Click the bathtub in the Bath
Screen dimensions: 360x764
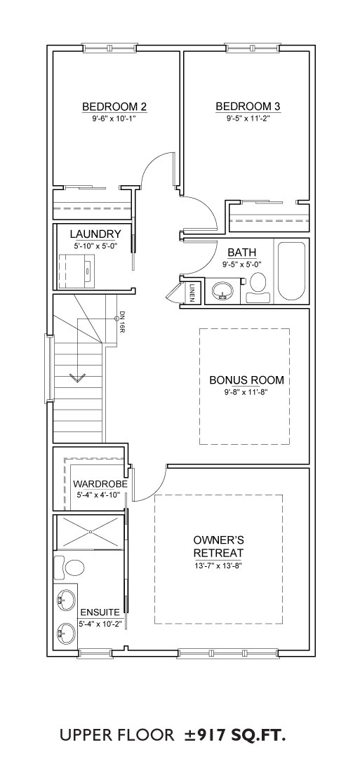click(x=291, y=270)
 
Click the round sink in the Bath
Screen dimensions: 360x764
click(x=223, y=290)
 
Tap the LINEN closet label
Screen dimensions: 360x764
click(x=192, y=292)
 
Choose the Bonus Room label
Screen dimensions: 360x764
click(x=246, y=380)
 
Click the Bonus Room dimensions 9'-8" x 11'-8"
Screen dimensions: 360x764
click(x=246, y=391)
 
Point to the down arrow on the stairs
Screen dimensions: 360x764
click(x=77, y=377)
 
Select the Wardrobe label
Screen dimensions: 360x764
click(x=100, y=484)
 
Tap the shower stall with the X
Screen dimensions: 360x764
click(x=90, y=532)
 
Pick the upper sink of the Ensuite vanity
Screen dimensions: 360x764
click(x=65, y=598)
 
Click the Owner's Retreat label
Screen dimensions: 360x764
click(x=218, y=547)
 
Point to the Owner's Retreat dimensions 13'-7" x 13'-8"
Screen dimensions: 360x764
click(x=218, y=565)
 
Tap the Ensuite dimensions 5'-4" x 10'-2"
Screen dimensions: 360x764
click(x=100, y=624)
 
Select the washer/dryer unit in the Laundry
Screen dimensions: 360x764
click(x=75, y=270)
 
